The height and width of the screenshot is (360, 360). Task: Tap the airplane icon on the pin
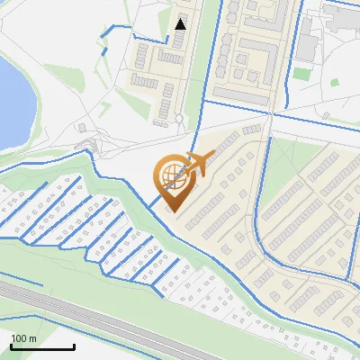pyautogui.click(x=197, y=165)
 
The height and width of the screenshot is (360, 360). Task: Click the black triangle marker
pyautogui.click(x=181, y=24)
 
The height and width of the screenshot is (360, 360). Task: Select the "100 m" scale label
pyautogui.click(x=24, y=337)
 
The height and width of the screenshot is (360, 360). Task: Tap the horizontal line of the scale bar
pyautogui.click(x=42, y=347)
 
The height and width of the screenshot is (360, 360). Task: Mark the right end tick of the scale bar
pyautogui.click(x=74, y=346)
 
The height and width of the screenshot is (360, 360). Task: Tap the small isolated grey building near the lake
pyautogui.click(x=82, y=128)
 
